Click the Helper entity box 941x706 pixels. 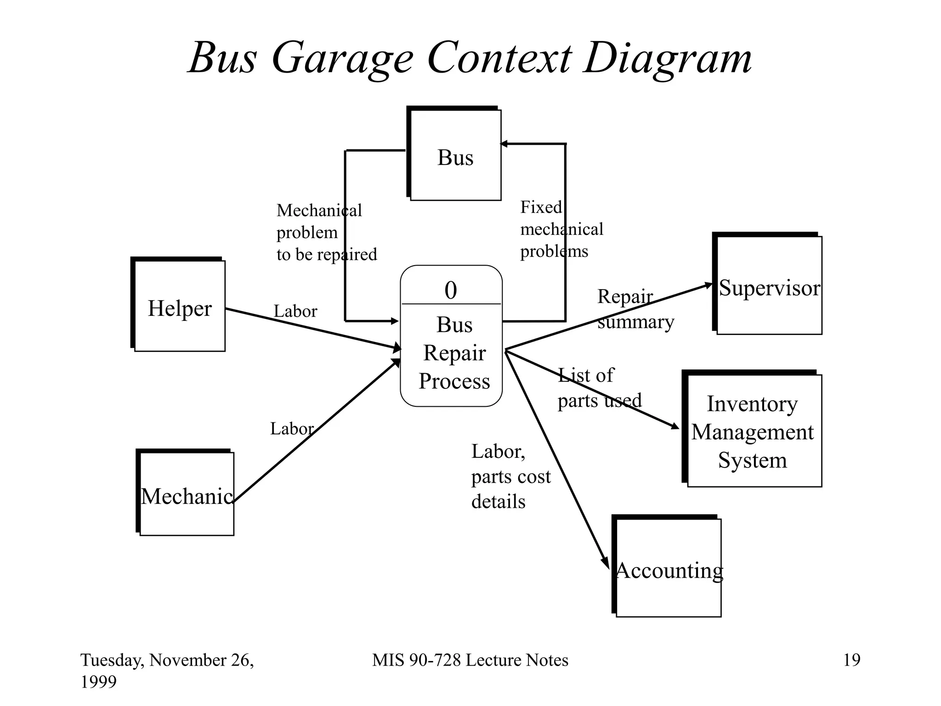pos(179,306)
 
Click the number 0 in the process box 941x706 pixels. pos(451,290)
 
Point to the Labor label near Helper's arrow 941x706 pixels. pos(295,311)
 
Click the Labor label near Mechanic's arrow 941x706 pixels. pos(292,429)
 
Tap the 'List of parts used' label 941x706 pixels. pos(599,388)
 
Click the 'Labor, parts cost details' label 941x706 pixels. pos(510,476)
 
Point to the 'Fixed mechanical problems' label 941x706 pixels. pos(561,229)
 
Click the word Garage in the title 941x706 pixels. pos(342,58)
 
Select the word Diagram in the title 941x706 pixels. pos(667,58)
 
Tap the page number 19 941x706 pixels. pos(851,660)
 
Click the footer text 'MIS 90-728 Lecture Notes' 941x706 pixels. pos(470,660)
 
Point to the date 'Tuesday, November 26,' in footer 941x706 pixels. pos(167,660)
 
